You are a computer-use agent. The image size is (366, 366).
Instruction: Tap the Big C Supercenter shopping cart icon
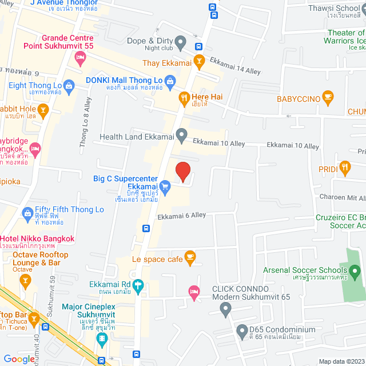(x=165, y=185)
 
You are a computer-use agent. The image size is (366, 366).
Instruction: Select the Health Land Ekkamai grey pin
(x=181, y=136)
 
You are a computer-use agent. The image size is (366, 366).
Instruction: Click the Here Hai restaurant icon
(x=184, y=97)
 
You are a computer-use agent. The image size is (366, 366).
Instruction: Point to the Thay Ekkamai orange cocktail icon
(x=199, y=61)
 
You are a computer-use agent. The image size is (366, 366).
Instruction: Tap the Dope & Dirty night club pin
(x=181, y=42)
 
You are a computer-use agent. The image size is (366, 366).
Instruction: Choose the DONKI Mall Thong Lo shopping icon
(x=169, y=81)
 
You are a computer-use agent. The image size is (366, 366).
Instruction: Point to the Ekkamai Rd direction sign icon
(x=138, y=285)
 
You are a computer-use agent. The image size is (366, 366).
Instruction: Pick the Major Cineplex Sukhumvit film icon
(x=102, y=339)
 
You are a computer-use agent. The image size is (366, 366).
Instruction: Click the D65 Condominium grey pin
(x=241, y=331)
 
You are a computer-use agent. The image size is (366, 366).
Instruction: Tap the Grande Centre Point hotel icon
(x=81, y=57)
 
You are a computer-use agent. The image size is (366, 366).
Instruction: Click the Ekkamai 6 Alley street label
(x=182, y=216)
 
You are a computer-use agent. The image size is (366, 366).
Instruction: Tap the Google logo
(x=19, y=359)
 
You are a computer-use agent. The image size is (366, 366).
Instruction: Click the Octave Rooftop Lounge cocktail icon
(x=25, y=280)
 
